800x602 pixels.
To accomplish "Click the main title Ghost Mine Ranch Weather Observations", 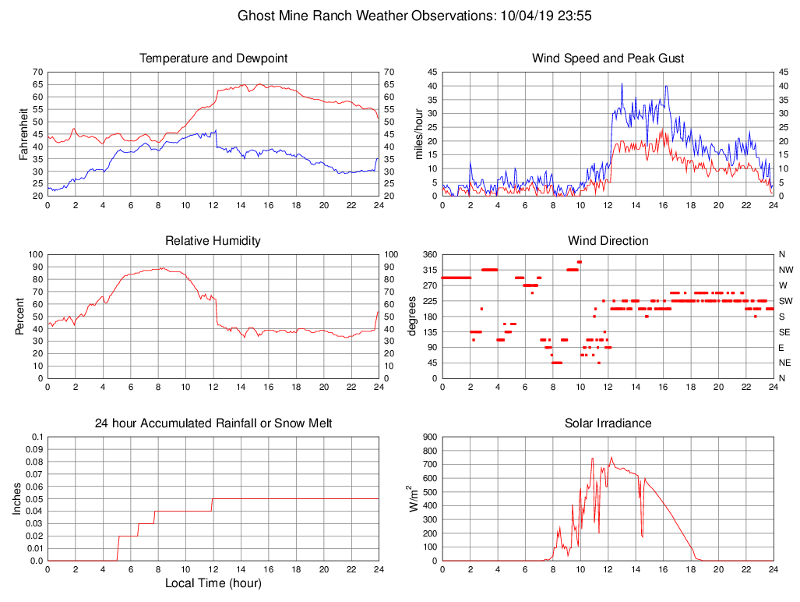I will point(414,16).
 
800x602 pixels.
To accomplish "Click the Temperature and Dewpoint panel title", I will point(213,58).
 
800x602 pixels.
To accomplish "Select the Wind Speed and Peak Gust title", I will point(608,58).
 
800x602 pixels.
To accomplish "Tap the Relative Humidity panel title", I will point(213,241).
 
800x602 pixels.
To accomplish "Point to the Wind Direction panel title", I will point(608,241).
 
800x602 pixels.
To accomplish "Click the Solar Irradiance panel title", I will point(608,423).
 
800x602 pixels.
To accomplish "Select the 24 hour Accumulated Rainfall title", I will point(213,423).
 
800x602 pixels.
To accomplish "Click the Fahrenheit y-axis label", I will point(24,133).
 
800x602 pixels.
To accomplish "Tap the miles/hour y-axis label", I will point(419,133).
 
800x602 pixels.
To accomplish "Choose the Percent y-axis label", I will point(19,316).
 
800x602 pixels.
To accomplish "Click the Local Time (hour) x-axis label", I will point(213,583).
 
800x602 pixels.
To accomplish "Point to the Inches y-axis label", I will point(17,498).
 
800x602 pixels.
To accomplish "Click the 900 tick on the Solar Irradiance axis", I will point(430,437).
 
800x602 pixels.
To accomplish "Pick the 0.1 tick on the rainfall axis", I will point(37,437).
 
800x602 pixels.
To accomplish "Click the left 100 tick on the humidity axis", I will point(35,254).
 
